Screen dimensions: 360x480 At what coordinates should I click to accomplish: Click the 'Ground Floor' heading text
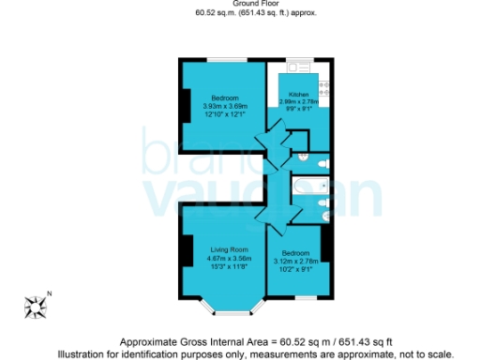pyautogui.click(x=239, y=5)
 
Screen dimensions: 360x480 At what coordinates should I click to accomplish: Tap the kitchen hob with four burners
pyautogui.click(x=323, y=87)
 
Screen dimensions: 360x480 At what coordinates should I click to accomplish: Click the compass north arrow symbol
pyautogui.click(x=37, y=305)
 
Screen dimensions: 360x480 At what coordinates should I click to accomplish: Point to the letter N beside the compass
pyautogui.click(x=50, y=294)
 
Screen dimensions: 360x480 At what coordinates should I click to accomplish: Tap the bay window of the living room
pyautogui.click(x=225, y=309)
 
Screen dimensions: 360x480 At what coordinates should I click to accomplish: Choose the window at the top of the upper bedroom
pyautogui.click(x=225, y=61)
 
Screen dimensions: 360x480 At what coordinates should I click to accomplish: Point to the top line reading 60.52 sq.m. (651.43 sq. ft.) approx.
pyautogui.click(x=239, y=13)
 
